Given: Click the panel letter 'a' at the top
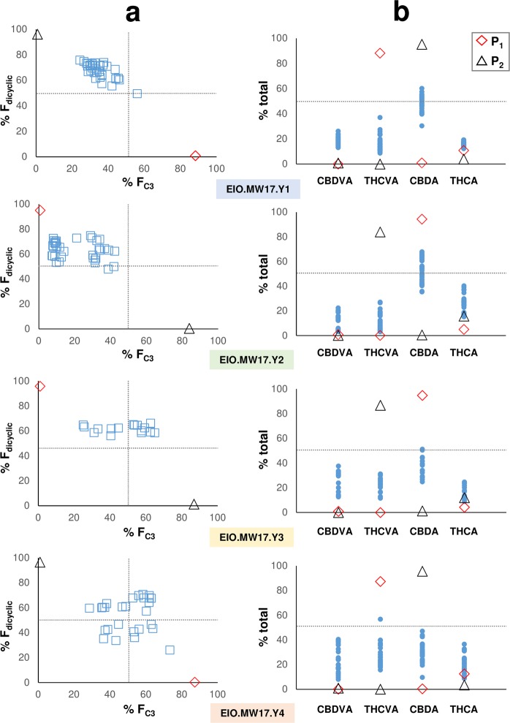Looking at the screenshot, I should click(x=128, y=12).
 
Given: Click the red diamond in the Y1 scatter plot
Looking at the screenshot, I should click(x=195, y=156).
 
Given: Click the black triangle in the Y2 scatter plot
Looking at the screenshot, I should click(x=189, y=329).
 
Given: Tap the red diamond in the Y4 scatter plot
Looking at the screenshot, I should click(x=194, y=682).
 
